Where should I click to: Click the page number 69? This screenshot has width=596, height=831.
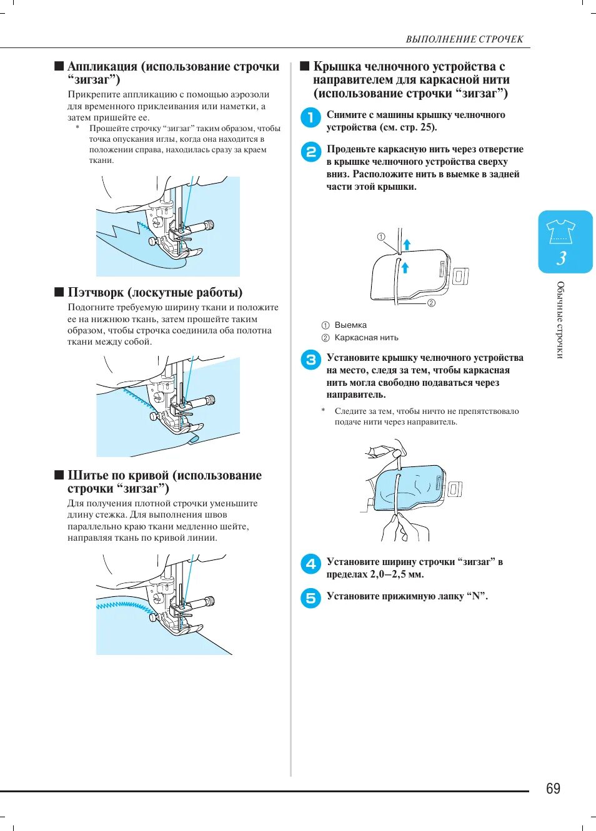click(x=553, y=789)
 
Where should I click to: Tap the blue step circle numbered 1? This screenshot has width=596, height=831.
click(x=310, y=117)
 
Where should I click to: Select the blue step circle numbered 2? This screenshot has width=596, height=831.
click(x=310, y=152)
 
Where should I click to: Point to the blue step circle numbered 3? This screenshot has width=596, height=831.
click(x=310, y=360)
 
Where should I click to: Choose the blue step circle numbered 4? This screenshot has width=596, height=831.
click(x=310, y=564)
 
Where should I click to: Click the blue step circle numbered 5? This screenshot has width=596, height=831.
click(x=310, y=598)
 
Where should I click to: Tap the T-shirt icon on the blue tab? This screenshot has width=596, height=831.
click(x=560, y=231)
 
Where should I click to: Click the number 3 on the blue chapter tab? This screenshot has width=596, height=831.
click(x=562, y=258)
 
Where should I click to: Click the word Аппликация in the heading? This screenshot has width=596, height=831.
click(x=102, y=67)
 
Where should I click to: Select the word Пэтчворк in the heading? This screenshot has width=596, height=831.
click(x=96, y=292)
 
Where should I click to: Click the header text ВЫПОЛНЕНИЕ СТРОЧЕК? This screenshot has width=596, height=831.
click(x=464, y=39)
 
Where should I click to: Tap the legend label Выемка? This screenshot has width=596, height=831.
click(x=350, y=325)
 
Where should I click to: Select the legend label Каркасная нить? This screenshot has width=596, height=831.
click(x=366, y=338)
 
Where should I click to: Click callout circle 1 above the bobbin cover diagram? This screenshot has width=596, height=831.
click(x=381, y=237)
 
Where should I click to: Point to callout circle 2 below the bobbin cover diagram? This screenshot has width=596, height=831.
click(x=431, y=303)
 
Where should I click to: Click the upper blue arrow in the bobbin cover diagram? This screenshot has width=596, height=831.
click(x=407, y=243)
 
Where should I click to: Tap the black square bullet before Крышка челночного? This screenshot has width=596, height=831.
click(x=305, y=66)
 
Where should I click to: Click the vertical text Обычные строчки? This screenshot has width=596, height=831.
click(x=560, y=320)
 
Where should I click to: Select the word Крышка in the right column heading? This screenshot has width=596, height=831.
click(x=337, y=67)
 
